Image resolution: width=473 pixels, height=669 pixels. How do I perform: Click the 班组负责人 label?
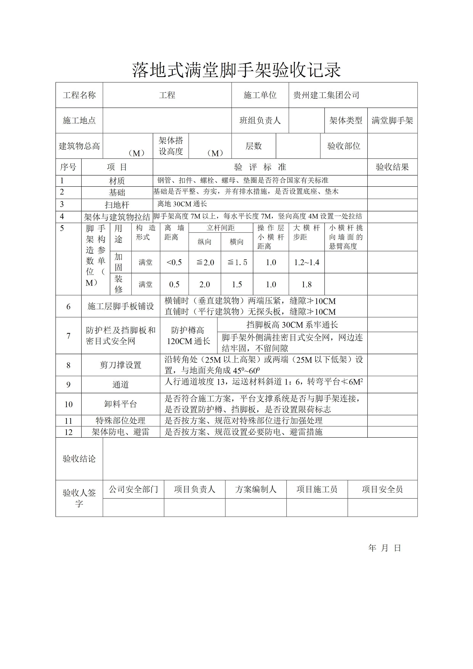260,121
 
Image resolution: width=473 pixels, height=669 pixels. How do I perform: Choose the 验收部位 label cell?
344,146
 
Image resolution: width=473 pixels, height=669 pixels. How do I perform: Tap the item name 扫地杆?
117,205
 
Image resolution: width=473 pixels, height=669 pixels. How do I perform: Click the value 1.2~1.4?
306,262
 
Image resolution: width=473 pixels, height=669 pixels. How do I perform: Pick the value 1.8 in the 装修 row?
306,284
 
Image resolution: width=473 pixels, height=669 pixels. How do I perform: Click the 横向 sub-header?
237,242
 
